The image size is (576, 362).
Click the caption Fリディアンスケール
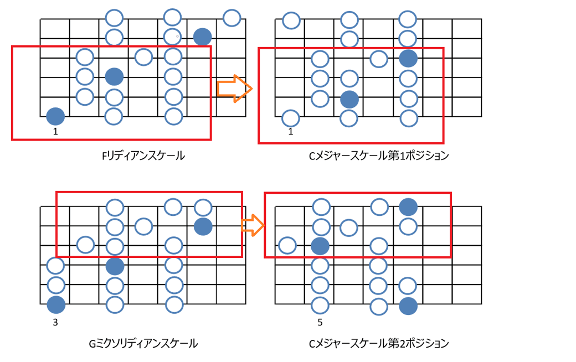[143, 156]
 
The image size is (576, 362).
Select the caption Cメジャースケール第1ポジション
[378, 156]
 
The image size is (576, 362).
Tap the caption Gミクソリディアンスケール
[143, 344]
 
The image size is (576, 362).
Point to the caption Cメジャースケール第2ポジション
[378, 344]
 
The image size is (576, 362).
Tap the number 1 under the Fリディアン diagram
[55, 132]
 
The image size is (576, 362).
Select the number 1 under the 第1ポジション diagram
[291, 132]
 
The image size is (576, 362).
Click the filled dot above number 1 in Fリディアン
[55, 116]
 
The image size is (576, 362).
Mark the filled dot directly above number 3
[55, 304]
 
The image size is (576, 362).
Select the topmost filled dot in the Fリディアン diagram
[203, 37]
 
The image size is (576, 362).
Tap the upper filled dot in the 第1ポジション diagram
[408, 57]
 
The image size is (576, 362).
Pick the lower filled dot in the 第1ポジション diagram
[349, 99]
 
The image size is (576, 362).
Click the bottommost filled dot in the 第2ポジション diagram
[408, 306]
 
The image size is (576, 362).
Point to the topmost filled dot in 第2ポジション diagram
[408, 206]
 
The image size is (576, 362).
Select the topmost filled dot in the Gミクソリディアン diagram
[203, 226]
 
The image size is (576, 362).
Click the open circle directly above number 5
[320, 304]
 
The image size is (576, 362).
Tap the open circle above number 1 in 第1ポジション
[291, 117]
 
